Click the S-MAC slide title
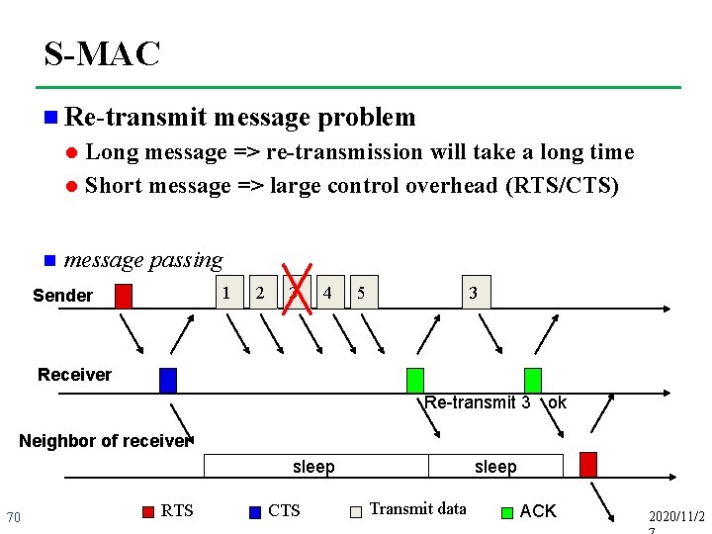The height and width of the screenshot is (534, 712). pyautogui.click(x=102, y=54)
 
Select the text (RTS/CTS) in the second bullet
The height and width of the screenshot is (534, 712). pyautogui.click(x=561, y=185)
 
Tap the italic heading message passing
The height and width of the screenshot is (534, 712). pyautogui.click(x=142, y=260)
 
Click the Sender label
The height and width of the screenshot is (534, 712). pyautogui.click(x=62, y=296)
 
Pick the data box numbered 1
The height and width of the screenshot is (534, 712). pyautogui.click(x=228, y=293)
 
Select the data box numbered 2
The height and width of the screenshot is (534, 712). pyautogui.click(x=260, y=293)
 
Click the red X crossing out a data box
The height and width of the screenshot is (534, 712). pyautogui.click(x=298, y=288)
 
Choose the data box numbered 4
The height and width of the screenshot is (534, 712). pyautogui.click(x=327, y=293)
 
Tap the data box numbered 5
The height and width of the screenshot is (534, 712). pyautogui.click(x=362, y=293)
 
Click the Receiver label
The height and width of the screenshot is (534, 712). pyautogui.click(x=74, y=375)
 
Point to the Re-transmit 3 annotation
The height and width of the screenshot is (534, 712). pyautogui.click(x=477, y=402)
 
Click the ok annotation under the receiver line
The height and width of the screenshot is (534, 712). pyautogui.click(x=557, y=402)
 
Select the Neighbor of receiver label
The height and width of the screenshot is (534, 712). pyautogui.click(x=104, y=441)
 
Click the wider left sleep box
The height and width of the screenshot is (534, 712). pyautogui.click(x=314, y=467)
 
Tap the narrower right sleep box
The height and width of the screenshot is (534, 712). pyautogui.click(x=495, y=467)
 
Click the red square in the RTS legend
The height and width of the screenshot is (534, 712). pyautogui.click(x=148, y=511)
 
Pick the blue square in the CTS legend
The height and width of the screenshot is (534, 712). pyautogui.click(x=255, y=511)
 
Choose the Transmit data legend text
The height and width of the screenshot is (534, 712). pyautogui.click(x=417, y=509)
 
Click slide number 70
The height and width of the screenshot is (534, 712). pyautogui.click(x=14, y=517)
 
